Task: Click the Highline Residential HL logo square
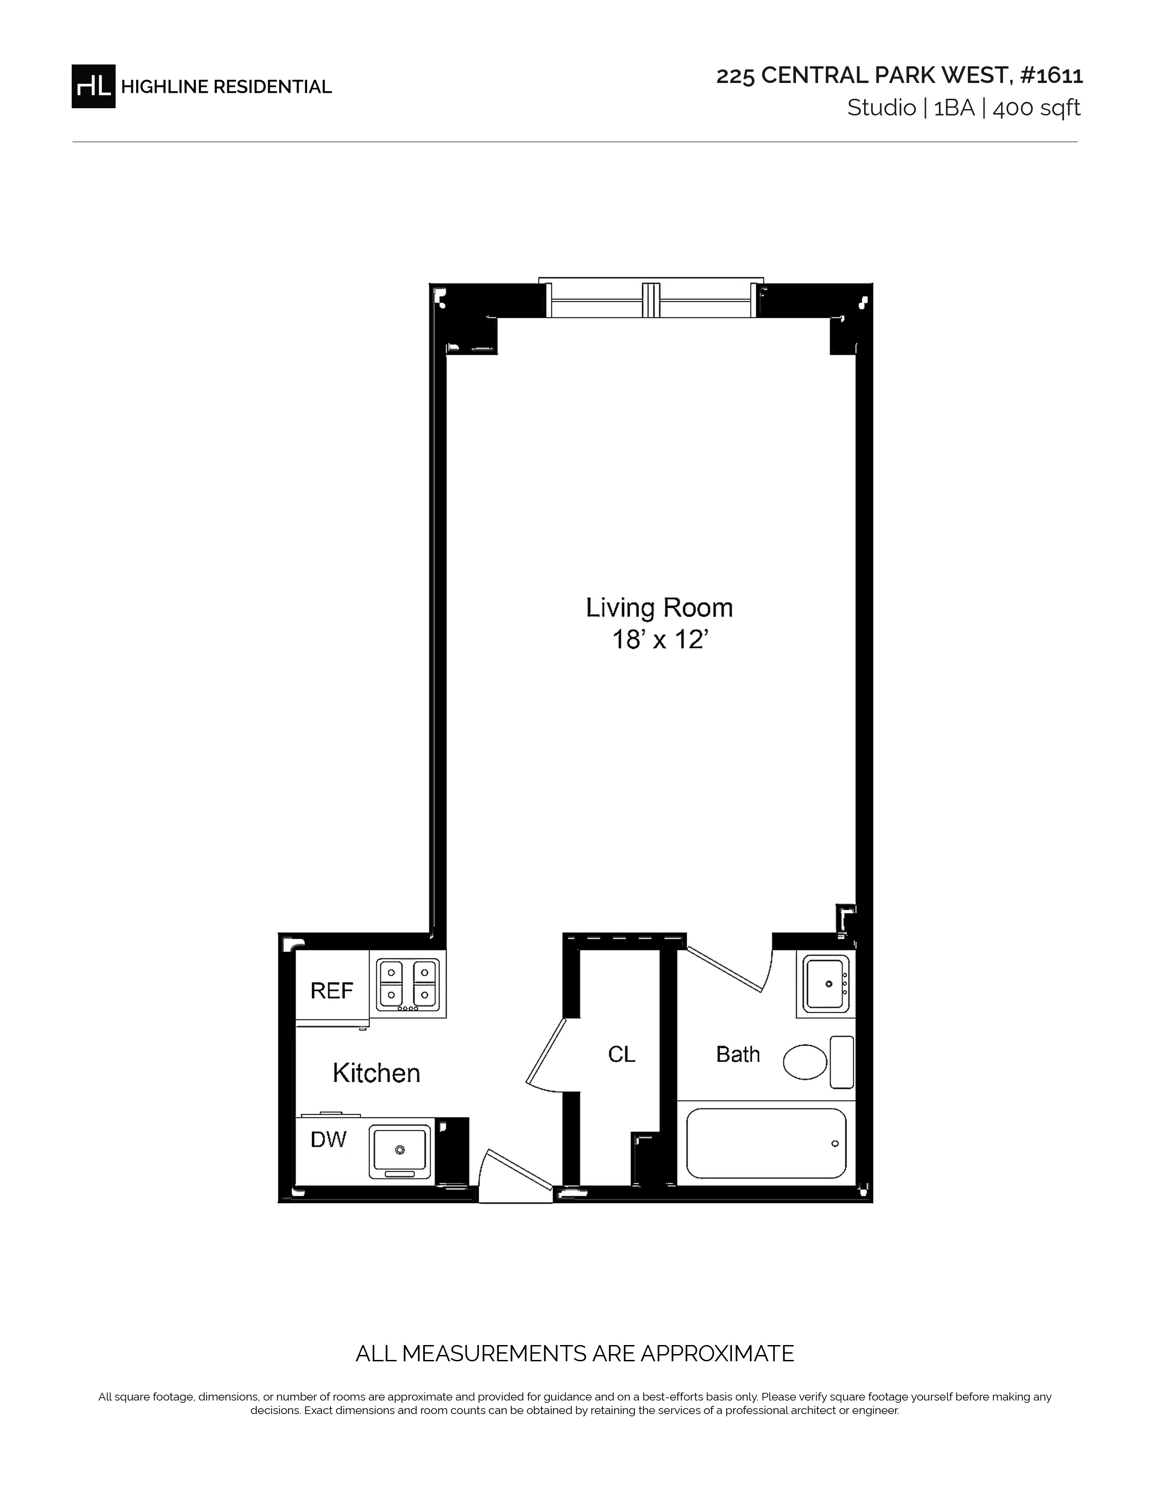93,87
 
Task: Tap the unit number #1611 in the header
1051,75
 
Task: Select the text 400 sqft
1036,108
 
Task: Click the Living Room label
659,608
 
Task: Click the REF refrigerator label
332,991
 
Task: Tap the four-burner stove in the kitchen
407,984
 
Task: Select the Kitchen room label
376,1073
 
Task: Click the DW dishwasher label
328,1139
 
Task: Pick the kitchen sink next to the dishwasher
400,1152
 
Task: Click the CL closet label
621,1055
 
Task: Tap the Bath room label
738,1055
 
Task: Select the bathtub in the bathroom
766,1144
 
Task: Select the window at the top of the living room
651,299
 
